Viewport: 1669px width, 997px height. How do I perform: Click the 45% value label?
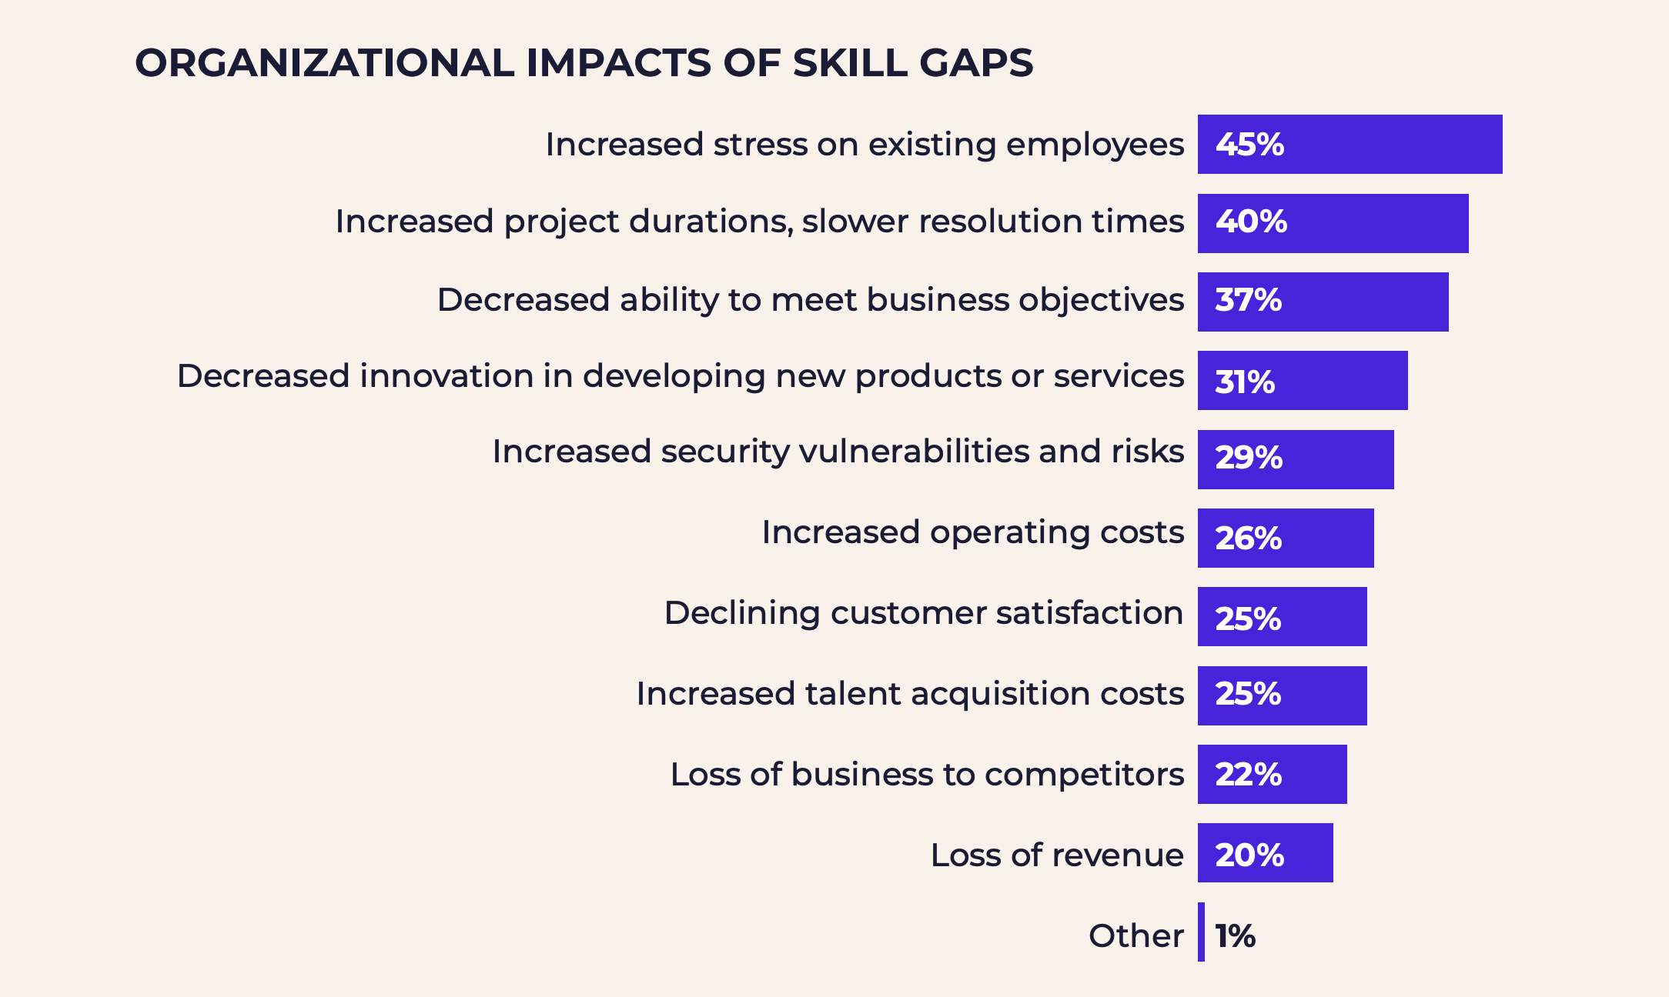tap(1249, 145)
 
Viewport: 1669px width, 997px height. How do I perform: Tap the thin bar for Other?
tap(1201, 932)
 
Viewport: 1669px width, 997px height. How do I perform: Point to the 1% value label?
tap(1235, 936)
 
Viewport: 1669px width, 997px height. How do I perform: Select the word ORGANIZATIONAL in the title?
tap(324, 63)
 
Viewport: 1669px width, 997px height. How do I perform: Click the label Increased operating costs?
tap(972, 532)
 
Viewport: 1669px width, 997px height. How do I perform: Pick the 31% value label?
tap(1244, 382)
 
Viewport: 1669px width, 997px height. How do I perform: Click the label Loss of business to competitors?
tap(927, 775)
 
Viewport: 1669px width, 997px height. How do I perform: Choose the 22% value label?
tap(1248, 775)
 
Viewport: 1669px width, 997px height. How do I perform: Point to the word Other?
tap(1136, 936)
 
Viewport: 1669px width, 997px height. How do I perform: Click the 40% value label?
tap(1251, 222)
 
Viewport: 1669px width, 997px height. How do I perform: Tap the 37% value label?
tap(1248, 301)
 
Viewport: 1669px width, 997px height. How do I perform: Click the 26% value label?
tap(1248, 539)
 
